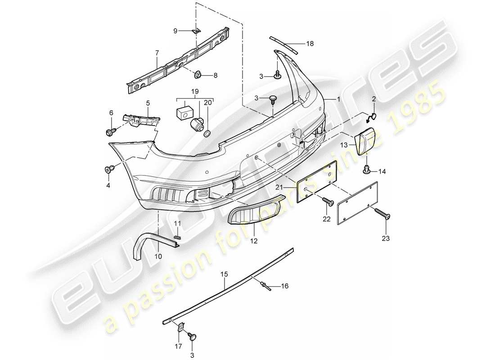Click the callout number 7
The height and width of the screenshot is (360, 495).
tap(157, 53)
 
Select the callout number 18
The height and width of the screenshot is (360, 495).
tap(310, 44)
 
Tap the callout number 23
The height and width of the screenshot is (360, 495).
tap(386, 238)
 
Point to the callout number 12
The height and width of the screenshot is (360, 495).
tap(253, 241)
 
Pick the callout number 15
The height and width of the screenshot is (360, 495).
tap(225, 273)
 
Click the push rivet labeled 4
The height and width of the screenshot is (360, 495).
tap(108, 169)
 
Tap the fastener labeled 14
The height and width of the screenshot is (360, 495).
tap(367, 170)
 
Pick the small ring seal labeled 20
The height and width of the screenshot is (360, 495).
tap(207, 134)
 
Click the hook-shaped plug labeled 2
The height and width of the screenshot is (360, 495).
tap(371, 118)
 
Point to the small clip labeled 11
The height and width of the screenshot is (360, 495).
tap(177, 235)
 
